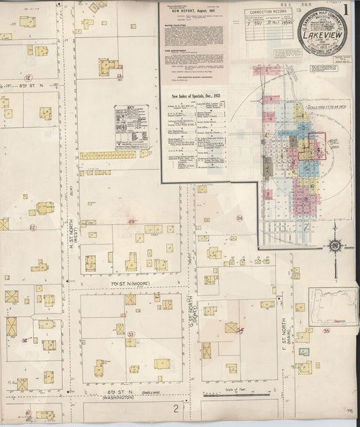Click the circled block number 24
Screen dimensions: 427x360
[x=239, y=218]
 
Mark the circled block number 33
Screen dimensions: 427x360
[x=131, y=334]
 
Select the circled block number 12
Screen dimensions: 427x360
[x=28, y=77]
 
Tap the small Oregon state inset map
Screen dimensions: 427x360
[x=333, y=307]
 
